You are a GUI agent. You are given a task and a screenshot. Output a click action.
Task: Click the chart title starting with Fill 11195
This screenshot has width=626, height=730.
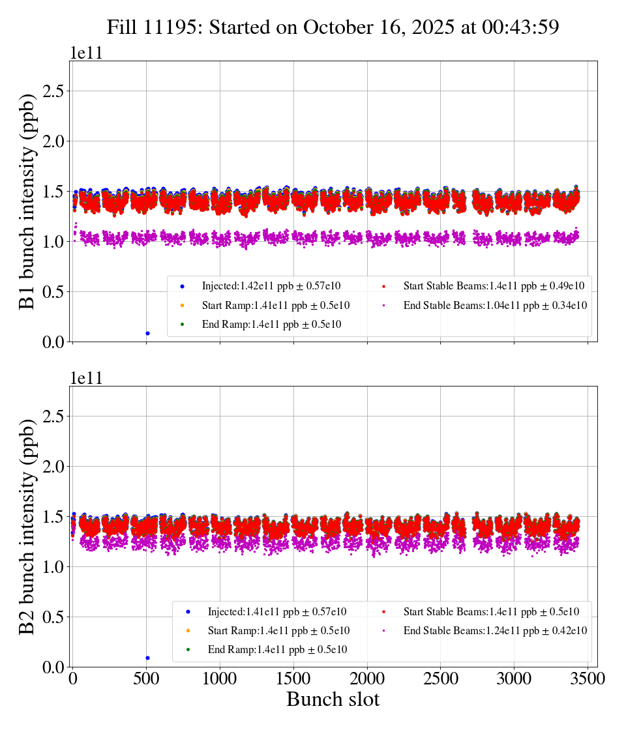(x=333, y=27)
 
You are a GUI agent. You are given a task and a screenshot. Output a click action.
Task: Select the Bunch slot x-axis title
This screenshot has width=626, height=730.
(x=333, y=700)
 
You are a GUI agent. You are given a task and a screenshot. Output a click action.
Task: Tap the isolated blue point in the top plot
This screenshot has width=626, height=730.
(x=147, y=333)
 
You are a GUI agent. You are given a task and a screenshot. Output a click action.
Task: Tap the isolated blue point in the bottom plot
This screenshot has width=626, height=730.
(x=147, y=658)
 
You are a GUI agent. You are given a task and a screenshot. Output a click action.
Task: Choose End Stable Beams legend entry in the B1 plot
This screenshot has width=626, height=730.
(x=495, y=305)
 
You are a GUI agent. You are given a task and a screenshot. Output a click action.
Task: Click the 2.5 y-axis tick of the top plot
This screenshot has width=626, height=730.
(x=53, y=91)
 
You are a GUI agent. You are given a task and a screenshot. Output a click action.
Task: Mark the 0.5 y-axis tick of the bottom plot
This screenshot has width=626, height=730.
(x=53, y=617)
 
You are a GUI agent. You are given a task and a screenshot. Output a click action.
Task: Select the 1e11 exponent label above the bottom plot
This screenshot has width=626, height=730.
(x=87, y=379)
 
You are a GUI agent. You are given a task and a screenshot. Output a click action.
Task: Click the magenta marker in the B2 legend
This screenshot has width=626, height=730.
(x=383, y=630)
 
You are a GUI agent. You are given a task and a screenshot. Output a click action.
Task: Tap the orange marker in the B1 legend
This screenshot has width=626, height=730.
(x=182, y=305)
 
